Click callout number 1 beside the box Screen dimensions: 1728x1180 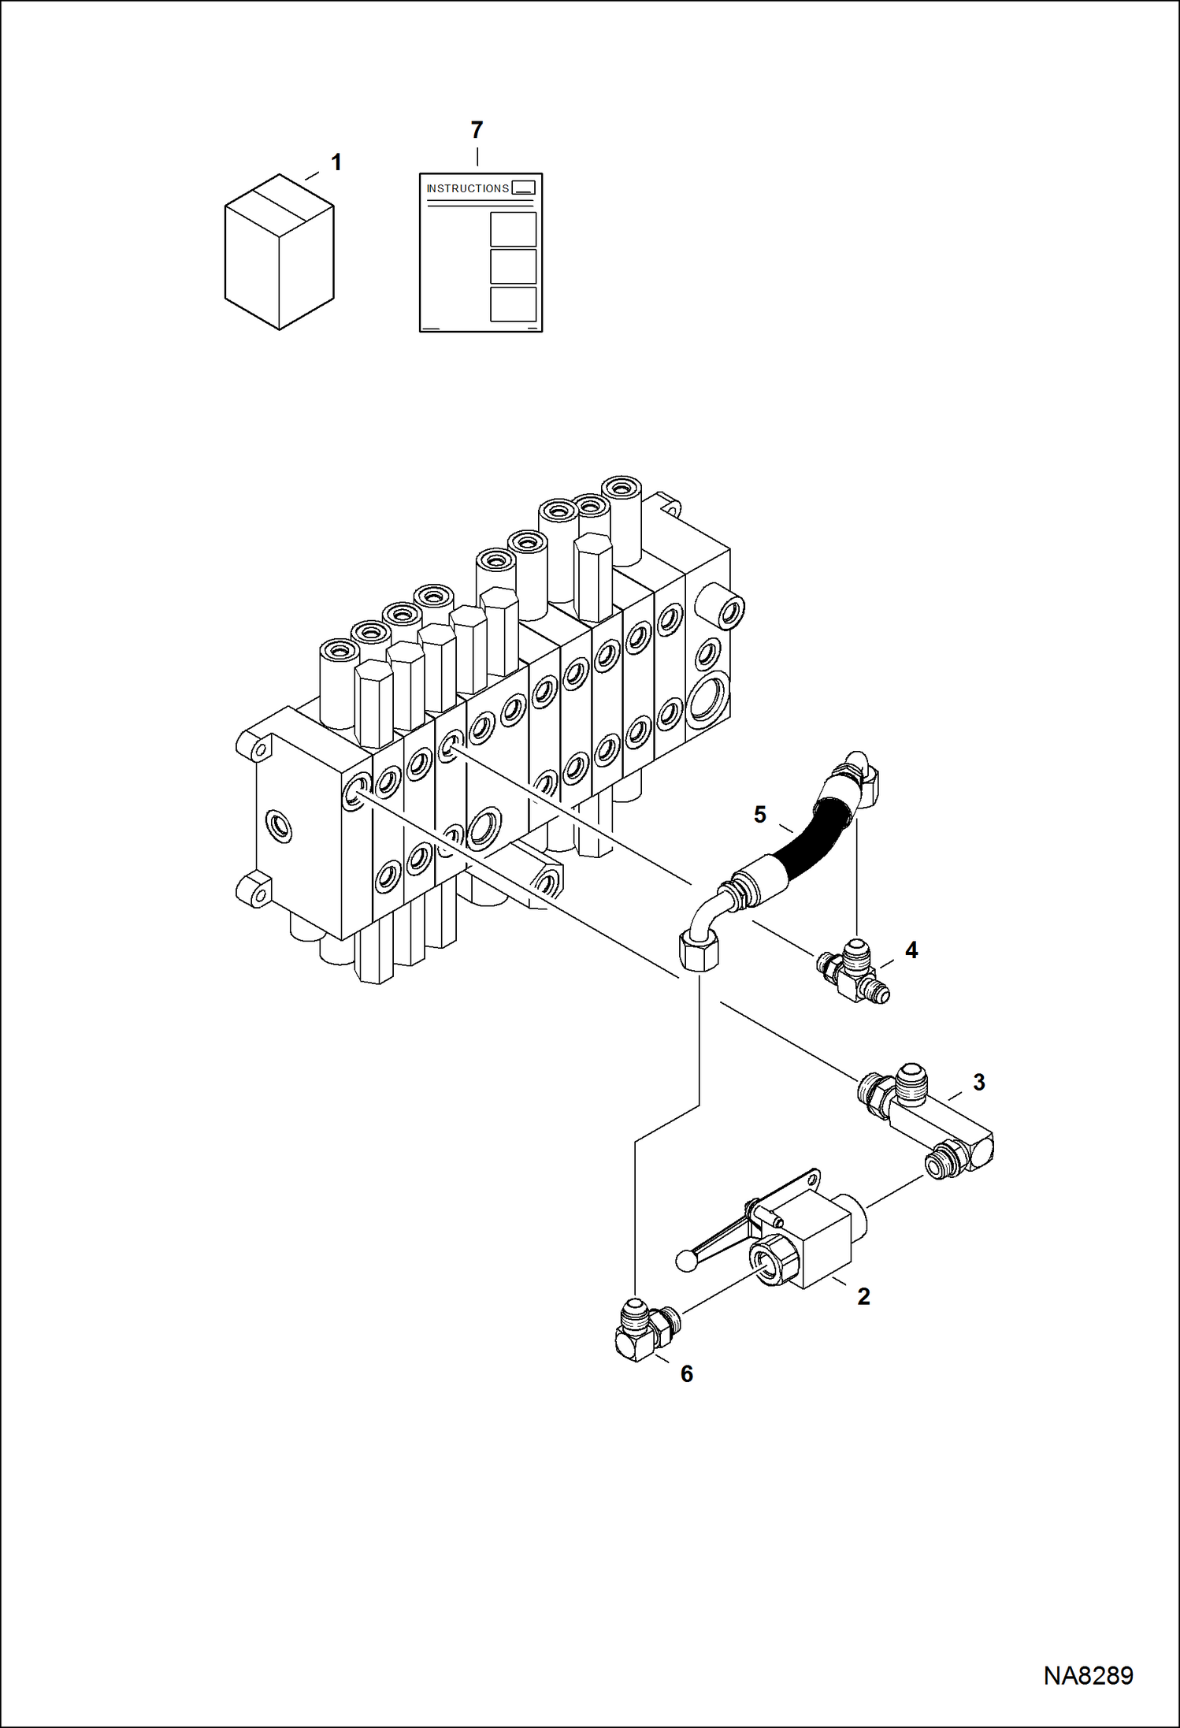tap(336, 162)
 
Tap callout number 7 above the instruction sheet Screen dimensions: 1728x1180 tap(477, 130)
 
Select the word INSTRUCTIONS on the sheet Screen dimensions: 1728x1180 tap(467, 188)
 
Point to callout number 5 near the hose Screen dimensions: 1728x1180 tap(759, 814)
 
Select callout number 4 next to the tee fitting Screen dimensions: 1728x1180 tap(911, 950)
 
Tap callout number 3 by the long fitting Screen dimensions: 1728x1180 tap(979, 1082)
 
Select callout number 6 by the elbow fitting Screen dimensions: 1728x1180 tap(687, 1374)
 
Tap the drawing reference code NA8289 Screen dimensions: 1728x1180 tap(1088, 1676)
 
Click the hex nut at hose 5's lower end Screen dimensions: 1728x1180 tap(699, 949)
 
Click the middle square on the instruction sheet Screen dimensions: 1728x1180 tap(513, 266)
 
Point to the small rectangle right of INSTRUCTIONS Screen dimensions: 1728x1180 tap(523, 188)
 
